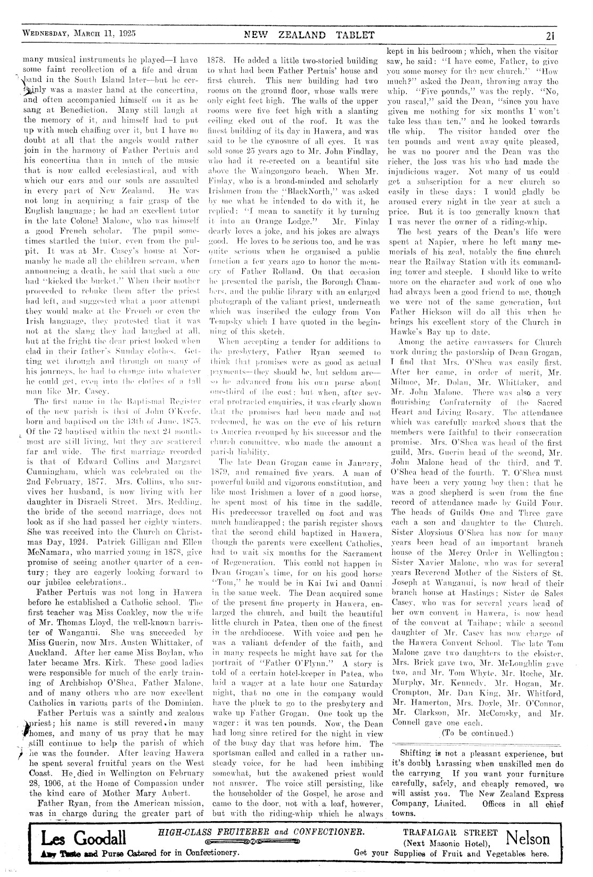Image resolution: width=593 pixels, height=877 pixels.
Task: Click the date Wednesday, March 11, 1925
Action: point(79,32)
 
